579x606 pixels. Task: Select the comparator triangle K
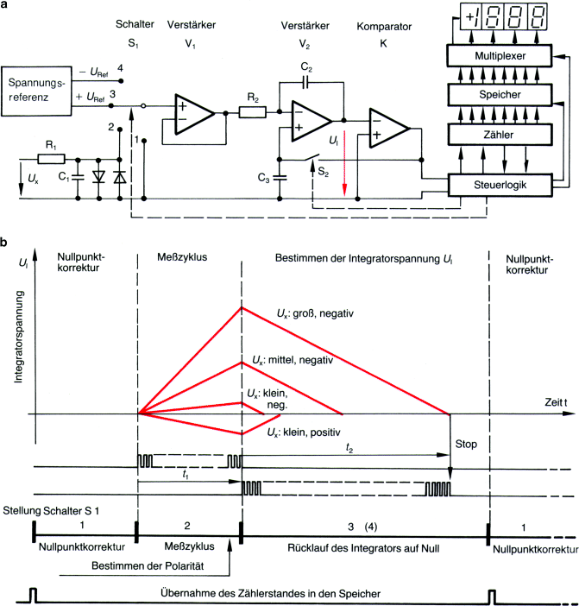tap(389, 129)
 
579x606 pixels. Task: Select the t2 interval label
tap(348, 450)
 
